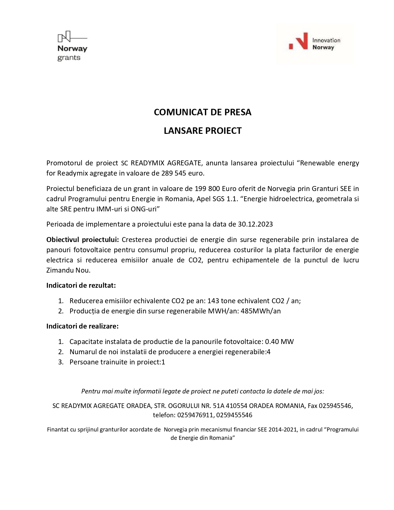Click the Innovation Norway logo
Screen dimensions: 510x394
pos(314,44)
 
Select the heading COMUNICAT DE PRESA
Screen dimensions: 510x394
pos(202,112)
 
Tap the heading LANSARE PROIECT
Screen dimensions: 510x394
pos(202,131)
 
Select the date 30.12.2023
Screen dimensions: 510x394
pos(255,224)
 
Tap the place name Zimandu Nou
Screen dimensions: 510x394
pos(68,270)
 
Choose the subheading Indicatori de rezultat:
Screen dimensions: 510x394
pos(81,285)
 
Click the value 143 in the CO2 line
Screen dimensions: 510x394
pos(213,301)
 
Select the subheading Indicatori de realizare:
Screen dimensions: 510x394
pos(83,326)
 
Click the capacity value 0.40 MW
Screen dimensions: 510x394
pos(279,342)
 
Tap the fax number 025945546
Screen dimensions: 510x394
pos(335,406)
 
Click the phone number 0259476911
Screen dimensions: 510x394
pos(195,415)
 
